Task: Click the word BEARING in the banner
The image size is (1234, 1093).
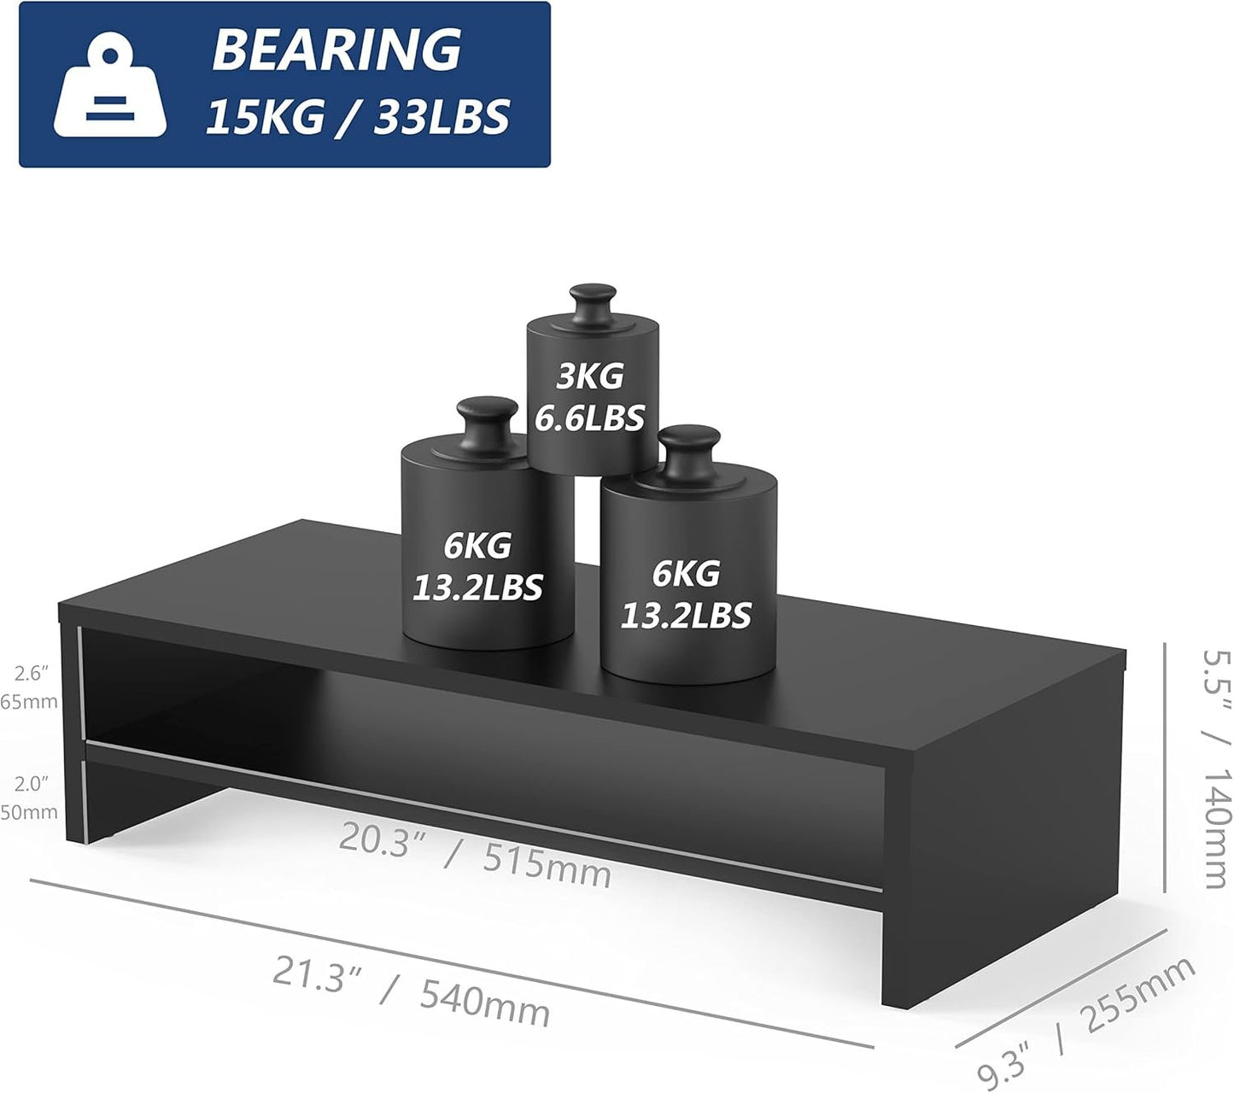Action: point(336,50)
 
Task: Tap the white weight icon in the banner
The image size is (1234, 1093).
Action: point(110,88)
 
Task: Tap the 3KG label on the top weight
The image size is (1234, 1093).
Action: point(590,376)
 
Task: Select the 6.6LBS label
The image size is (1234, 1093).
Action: point(589,418)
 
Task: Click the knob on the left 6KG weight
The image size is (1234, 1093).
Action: point(488,426)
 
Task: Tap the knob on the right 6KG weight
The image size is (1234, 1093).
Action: point(689,452)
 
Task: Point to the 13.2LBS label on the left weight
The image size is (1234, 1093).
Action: point(477,587)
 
